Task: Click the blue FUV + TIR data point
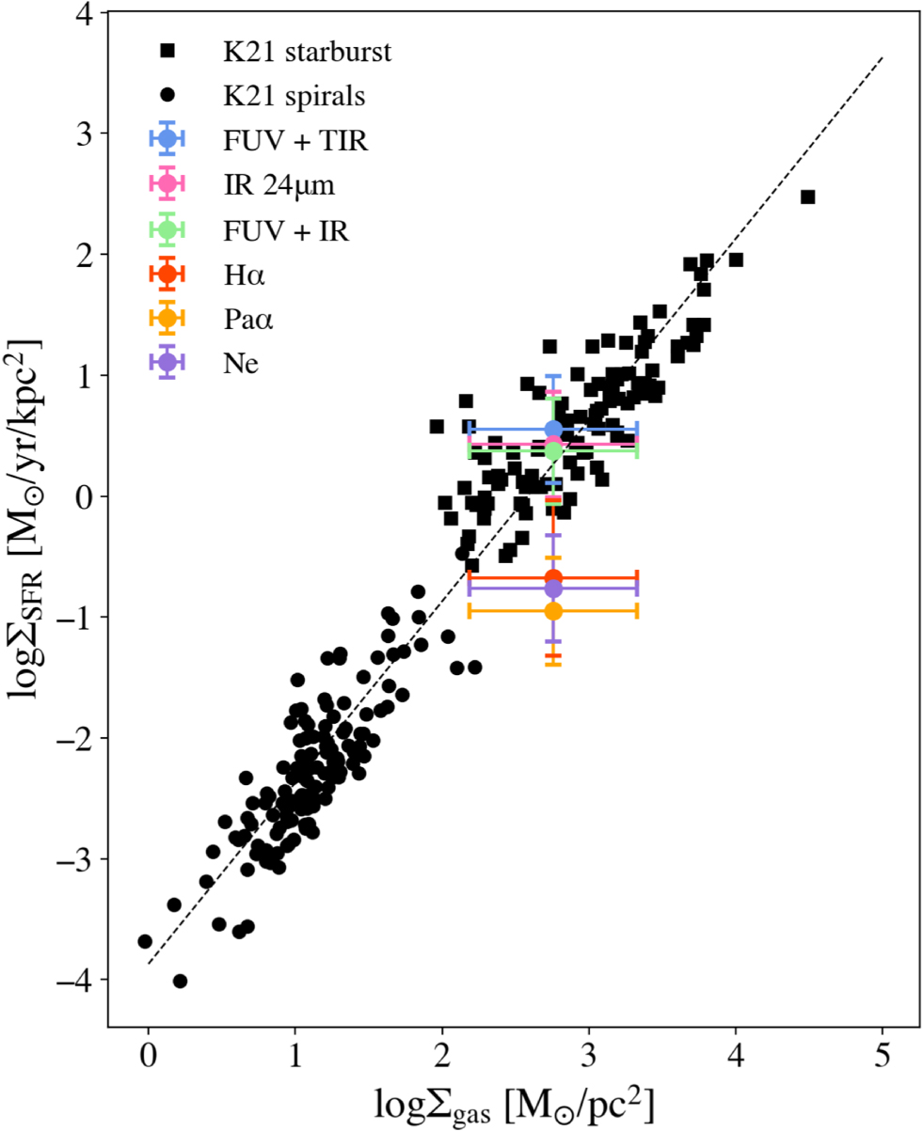[553, 430]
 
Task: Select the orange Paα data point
[553, 611]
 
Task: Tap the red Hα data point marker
[553, 577]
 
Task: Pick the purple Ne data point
[553, 589]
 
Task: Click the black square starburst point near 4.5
[807, 196]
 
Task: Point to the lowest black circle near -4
[180, 981]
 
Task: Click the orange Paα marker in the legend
[167, 319]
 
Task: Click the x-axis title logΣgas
[516, 1101]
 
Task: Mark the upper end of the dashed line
[883, 57]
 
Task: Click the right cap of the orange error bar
[637, 611]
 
